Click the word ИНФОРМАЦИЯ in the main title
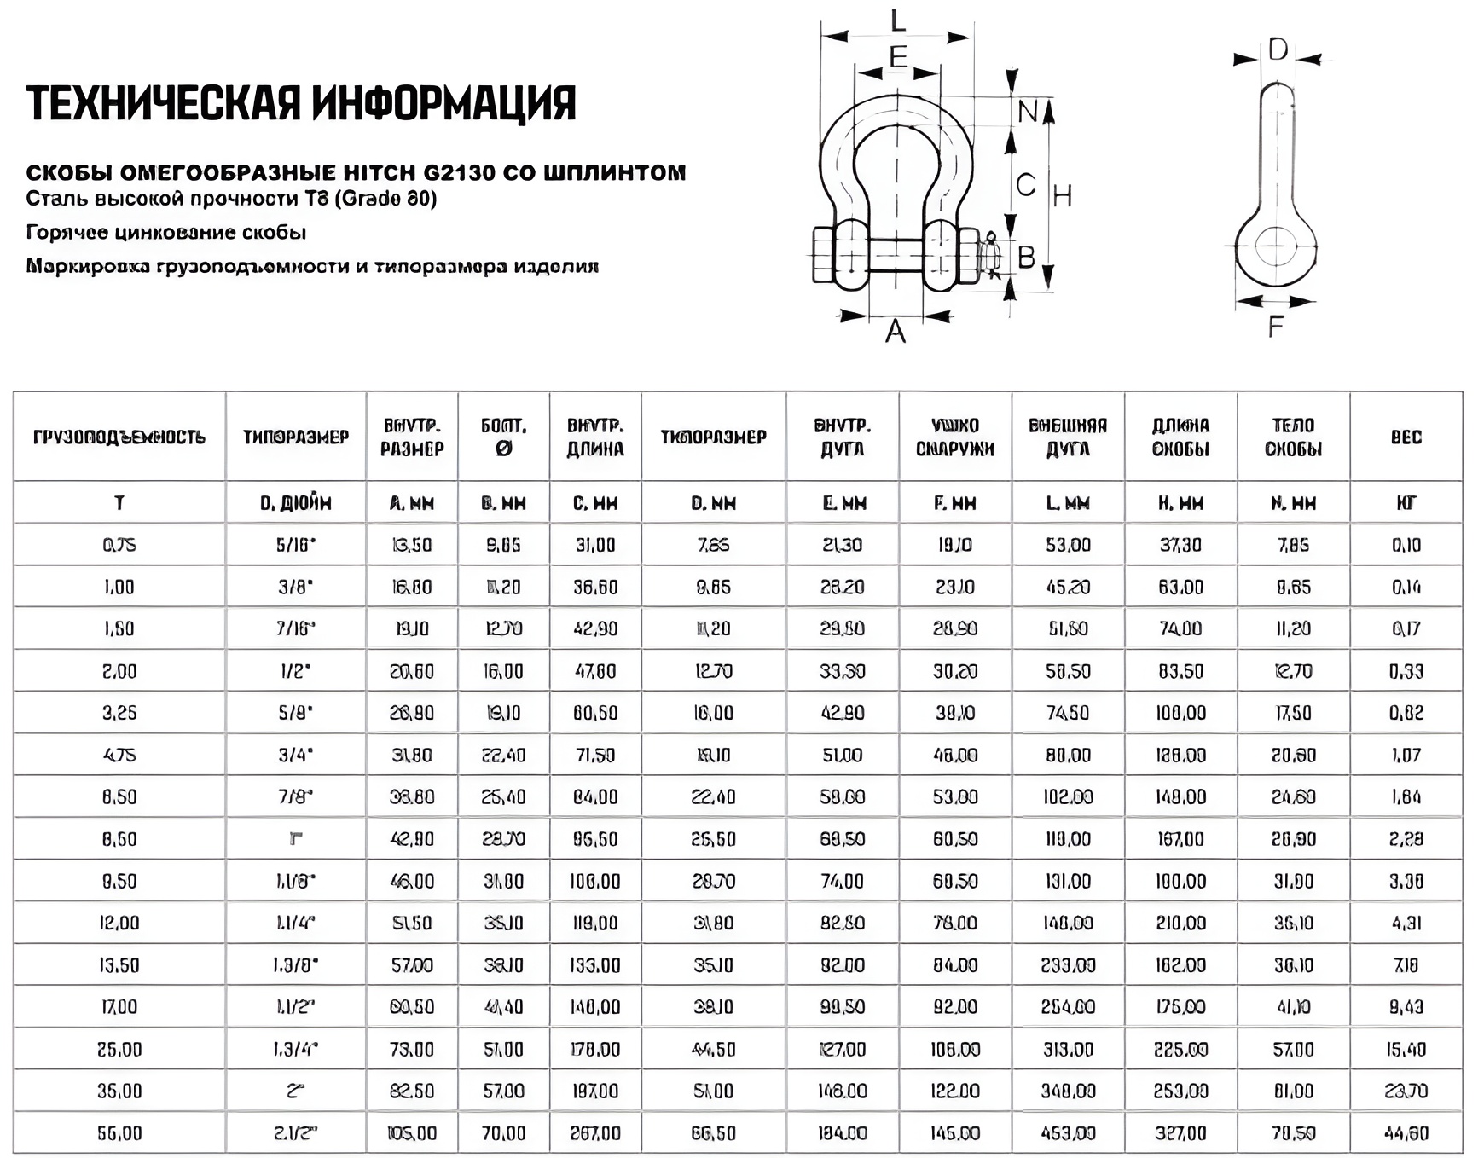443,103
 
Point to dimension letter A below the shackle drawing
895,331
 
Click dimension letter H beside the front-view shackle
1062,196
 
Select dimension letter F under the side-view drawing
1275,326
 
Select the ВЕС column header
1406,437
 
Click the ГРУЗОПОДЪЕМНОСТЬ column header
119,437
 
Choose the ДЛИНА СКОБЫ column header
1180,437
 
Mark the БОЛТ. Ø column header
503,437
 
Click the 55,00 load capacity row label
119,1133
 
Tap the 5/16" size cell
295,545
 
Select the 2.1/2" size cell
295,1133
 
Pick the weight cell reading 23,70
1406,1091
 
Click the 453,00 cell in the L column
1068,1133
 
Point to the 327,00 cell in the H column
1180,1133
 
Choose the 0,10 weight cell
1406,545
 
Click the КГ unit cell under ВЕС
1406,503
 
